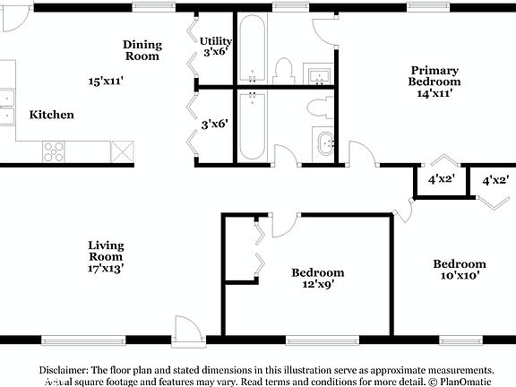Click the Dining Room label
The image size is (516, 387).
tap(142, 50)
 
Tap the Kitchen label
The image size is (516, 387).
tap(52, 115)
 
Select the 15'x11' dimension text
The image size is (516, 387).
tap(106, 81)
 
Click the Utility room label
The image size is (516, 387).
tap(216, 41)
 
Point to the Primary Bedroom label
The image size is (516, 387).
tap(434, 75)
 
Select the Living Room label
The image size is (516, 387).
tap(106, 251)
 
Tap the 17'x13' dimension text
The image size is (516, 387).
tap(106, 267)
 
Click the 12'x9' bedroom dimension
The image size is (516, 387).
tap(318, 287)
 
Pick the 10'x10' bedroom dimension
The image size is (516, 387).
tap(460, 276)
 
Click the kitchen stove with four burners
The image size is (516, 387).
tap(54, 151)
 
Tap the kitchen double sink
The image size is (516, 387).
tap(7, 106)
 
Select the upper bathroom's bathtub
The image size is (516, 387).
tap(254, 49)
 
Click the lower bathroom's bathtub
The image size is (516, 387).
tap(254, 125)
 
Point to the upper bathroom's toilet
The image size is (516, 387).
tap(285, 70)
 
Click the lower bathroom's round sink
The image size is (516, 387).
tap(324, 142)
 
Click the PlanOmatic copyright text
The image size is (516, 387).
tap(461, 382)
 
